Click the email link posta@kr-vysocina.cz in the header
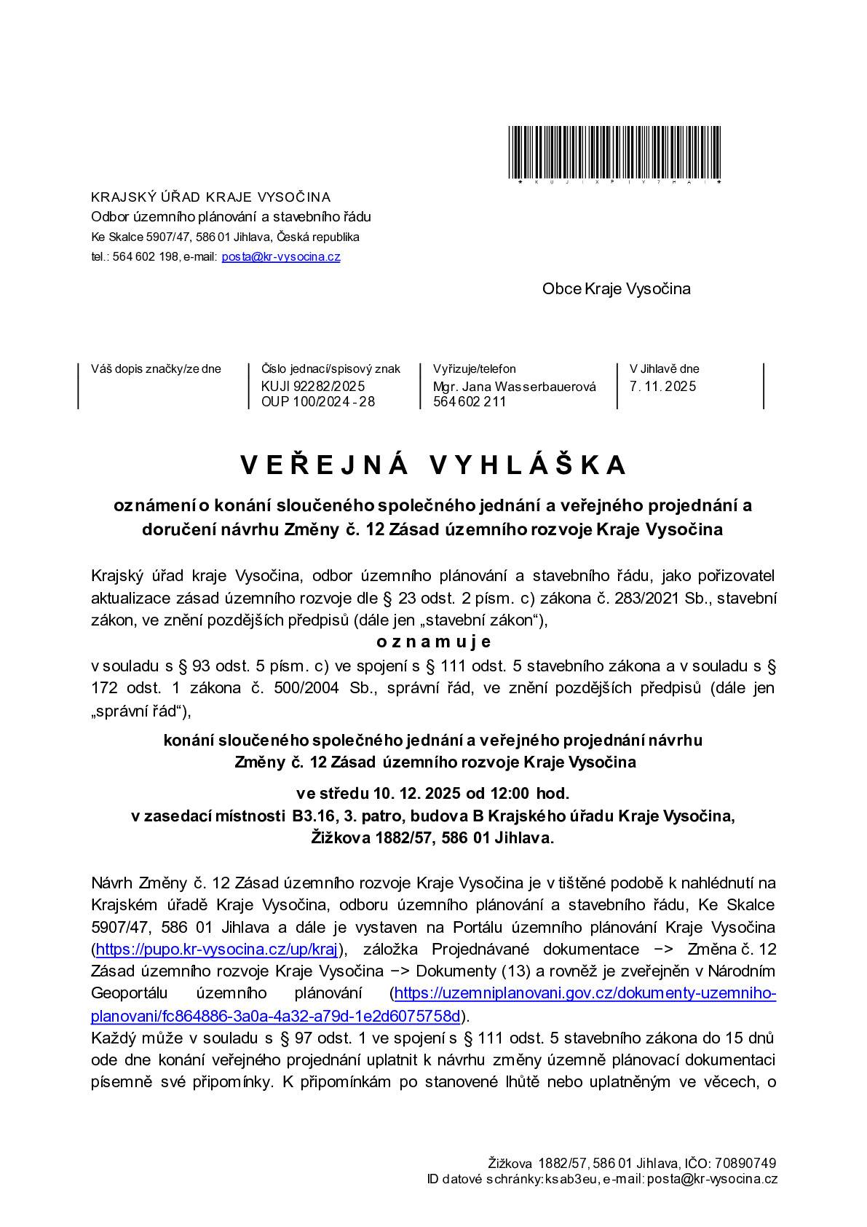click(280, 256)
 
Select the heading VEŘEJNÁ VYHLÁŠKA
click(433, 465)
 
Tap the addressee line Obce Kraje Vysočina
click(616, 288)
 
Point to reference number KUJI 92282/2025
click(313, 386)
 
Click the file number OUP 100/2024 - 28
click(318, 401)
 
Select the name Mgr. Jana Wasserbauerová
click(515, 387)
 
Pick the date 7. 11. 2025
click(662, 386)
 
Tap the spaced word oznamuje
click(434, 642)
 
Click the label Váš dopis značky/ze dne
click(156, 369)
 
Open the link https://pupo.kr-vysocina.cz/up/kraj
click(215, 949)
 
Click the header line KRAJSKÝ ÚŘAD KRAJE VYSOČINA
click(210, 197)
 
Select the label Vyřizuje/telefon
click(474, 369)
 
